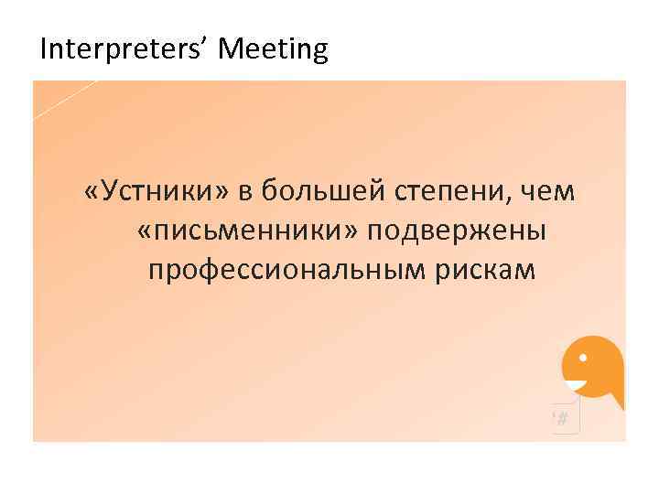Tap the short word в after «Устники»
(x=244, y=191)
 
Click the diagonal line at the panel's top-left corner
(x=64, y=100)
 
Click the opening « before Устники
(x=90, y=192)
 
